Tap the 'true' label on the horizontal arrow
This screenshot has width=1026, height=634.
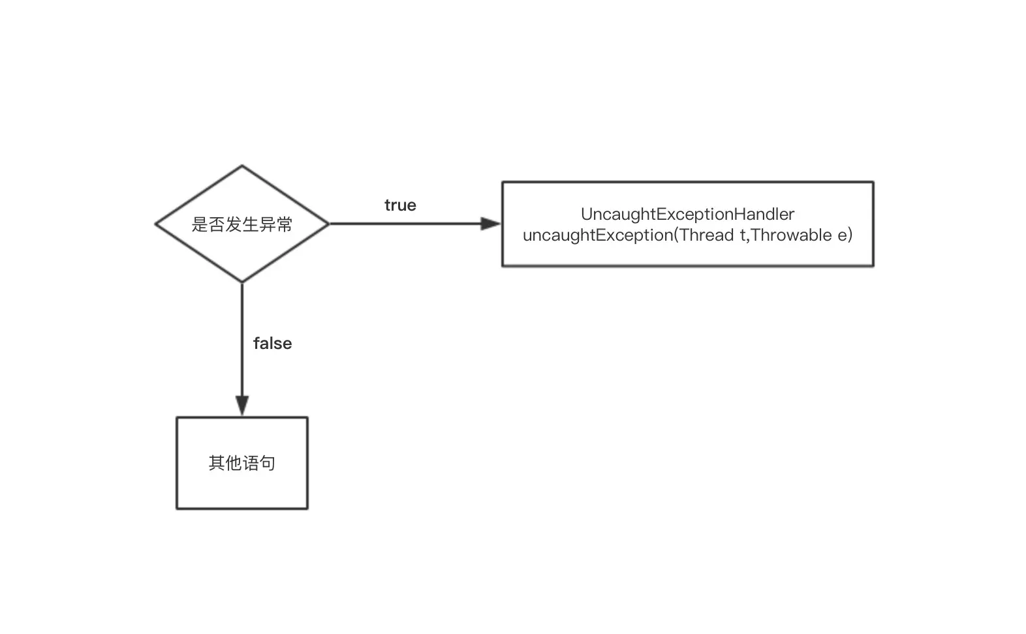[x=400, y=205]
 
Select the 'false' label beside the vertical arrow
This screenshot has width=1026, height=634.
[x=273, y=343]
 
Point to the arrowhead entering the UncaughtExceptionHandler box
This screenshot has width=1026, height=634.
[x=491, y=224]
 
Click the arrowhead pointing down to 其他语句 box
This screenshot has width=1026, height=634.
[x=242, y=406]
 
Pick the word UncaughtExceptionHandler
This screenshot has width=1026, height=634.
[x=687, y=214]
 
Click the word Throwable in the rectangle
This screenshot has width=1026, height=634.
[x=791, y=235]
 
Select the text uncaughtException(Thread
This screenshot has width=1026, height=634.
[x=629, y=235]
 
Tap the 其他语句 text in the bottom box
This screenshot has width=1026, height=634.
[x=242, y=463]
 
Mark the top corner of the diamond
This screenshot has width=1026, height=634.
[x=242, y=165]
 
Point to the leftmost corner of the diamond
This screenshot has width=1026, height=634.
[x=156, y=224]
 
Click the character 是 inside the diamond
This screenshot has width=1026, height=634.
[x=200, y=224]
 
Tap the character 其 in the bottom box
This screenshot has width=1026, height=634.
[x=217, y=463]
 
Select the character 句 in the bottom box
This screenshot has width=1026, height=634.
[x=268, y=463]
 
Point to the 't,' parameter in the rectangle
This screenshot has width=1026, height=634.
[x=744, y=235]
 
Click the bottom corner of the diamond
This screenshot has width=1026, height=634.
[x=242, y=282]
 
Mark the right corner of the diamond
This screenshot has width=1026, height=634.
[x=328, y=224]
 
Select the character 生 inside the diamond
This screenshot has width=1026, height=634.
[x=251, y=224]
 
